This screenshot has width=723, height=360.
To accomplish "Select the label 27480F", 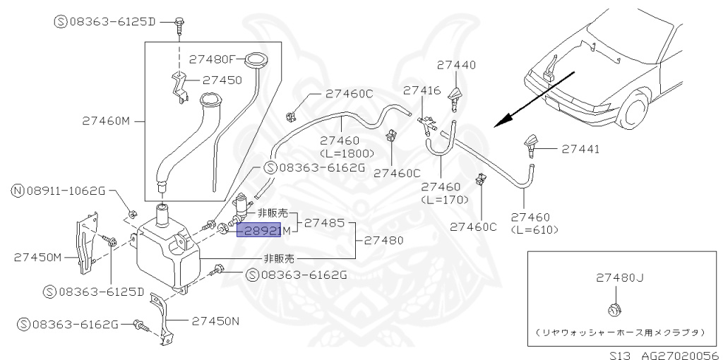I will (215, 59).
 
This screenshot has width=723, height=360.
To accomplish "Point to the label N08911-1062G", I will (59, 190).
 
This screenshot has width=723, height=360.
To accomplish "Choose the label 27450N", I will (214, 320).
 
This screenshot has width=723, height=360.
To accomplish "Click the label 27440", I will (456, 64).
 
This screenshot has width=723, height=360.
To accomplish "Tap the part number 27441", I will (580, 149).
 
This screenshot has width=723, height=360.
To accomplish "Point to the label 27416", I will (422, 90).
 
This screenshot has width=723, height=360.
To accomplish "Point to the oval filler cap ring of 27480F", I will (254, 60).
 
